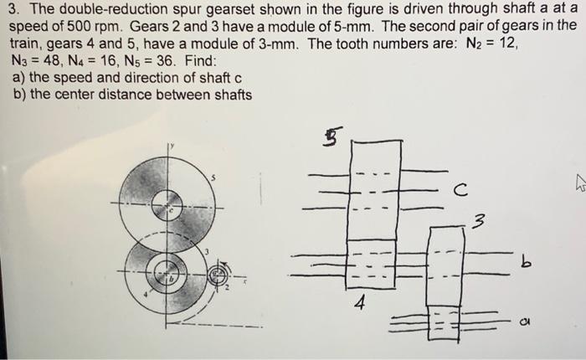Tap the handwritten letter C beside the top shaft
click(460, 191)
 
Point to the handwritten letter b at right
click(525, 264)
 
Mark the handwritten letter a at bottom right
click(525, 319)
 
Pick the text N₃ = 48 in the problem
click(39, 61)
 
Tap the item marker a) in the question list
click(22, 78)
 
